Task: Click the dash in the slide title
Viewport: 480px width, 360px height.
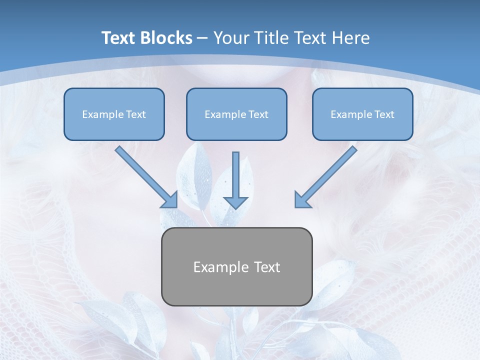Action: (x=202, y=38)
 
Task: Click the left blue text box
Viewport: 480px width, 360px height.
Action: (x=114, y=114)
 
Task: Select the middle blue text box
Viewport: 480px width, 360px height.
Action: (x=236, y=114)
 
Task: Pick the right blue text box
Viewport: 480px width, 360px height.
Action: (x=362, y=114)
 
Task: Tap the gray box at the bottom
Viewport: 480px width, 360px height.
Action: (x=236, y=266)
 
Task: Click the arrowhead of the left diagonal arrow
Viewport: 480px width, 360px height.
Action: (x=170, y=199)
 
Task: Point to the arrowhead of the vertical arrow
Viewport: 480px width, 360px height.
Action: (x=235, y=202)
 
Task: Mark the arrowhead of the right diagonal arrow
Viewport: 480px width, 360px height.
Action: (x=302, y=199)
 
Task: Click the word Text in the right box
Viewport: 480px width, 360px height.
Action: (x=384, y=114)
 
